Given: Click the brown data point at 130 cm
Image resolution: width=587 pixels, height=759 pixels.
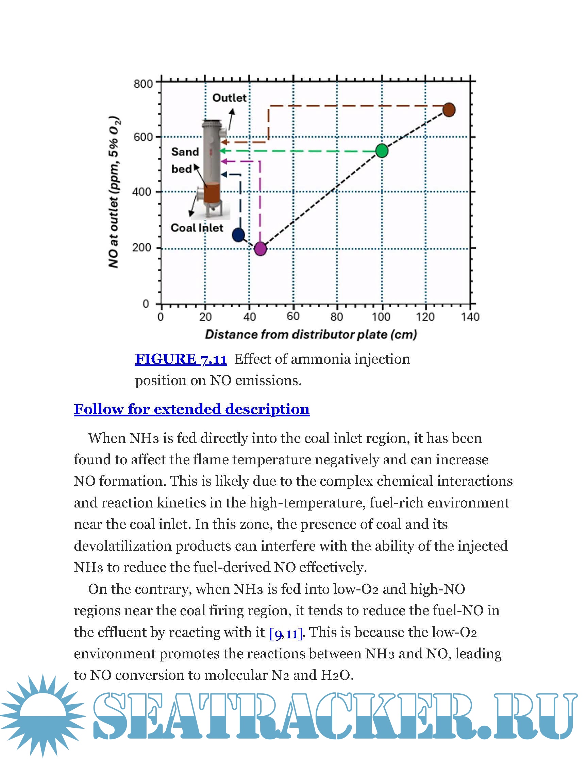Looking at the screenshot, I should click(x=449, y=110).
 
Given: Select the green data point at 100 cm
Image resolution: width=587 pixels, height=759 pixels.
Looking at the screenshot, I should click(x=382, y=151).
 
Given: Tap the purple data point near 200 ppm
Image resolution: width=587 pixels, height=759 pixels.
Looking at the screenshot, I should click(x=261, y=248).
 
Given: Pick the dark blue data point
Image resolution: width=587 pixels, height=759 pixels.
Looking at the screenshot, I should click(x=238, y=235).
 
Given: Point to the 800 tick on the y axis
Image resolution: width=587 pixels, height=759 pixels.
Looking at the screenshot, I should click(x=143, y=84).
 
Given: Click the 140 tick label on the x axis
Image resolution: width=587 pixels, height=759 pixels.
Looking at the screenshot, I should click(x=470, y=316).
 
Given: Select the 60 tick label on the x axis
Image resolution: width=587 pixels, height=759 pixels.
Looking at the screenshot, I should click(x=293, y=316).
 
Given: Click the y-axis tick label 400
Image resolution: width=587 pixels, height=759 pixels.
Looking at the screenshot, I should click(x=141, y=192).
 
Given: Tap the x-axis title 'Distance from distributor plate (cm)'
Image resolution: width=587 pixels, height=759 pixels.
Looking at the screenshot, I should click(x=311, y=334).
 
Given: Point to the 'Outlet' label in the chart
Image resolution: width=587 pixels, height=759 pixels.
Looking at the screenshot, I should click(x=229, y=98).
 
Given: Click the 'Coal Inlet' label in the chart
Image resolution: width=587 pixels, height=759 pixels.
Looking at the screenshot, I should click(x=197, y=228).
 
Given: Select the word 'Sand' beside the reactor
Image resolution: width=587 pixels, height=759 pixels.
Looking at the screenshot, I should click(x=185, y=152).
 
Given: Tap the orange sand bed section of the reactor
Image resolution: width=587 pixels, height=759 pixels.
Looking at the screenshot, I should click(x=212, y=193).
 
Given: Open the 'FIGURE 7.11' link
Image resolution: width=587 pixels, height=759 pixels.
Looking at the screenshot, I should click(x=181, y=359).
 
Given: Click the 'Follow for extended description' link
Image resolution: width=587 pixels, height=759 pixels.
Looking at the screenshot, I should click(x=191, y=409).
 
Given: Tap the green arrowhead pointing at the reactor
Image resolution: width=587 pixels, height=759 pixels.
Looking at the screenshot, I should click(x=223, y=151).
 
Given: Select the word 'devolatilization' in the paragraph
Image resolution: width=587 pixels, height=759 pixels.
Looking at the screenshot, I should click(x=123, y=546).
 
